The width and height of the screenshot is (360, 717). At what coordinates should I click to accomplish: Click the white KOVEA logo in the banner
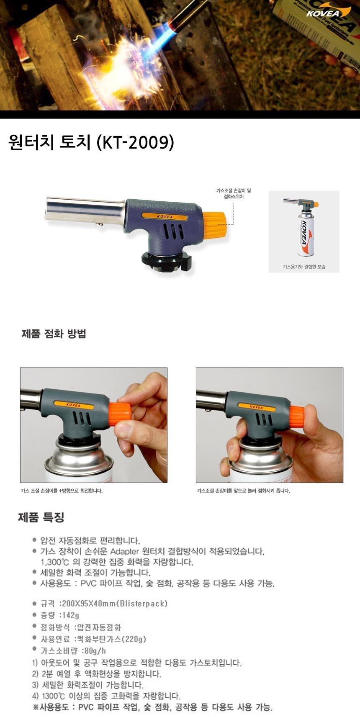coord(323,14)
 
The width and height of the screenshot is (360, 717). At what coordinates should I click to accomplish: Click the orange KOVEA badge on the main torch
coord(165,216)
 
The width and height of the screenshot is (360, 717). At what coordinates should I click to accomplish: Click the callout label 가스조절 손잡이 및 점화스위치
coord(234,194)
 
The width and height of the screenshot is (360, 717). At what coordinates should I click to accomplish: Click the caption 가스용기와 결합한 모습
coord(304,267)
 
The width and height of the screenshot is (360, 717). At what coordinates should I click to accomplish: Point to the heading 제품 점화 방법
coord(54,334)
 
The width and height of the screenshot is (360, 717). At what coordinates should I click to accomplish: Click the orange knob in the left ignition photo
coord(120,414)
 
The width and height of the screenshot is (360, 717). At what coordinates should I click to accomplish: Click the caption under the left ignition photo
coord(62,491)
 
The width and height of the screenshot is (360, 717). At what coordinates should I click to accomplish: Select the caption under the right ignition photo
coord(243,491)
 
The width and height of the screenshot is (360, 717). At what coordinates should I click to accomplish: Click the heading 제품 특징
coord(41,518)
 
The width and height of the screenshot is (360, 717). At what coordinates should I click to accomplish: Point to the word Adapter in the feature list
coord(124,552)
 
